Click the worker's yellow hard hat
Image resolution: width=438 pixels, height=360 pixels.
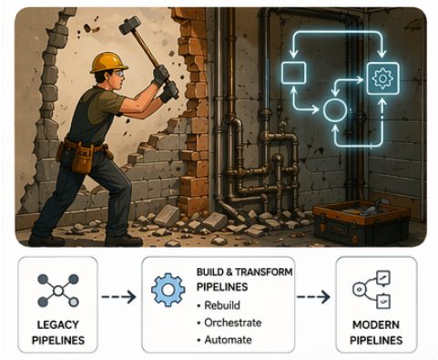coord(108,62)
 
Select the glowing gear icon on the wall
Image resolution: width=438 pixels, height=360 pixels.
coord(382,78)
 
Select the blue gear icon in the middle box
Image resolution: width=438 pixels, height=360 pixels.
coord(167,291)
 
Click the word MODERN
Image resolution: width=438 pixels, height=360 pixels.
coord(375,326)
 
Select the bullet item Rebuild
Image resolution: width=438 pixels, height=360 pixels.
coord(225,303)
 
